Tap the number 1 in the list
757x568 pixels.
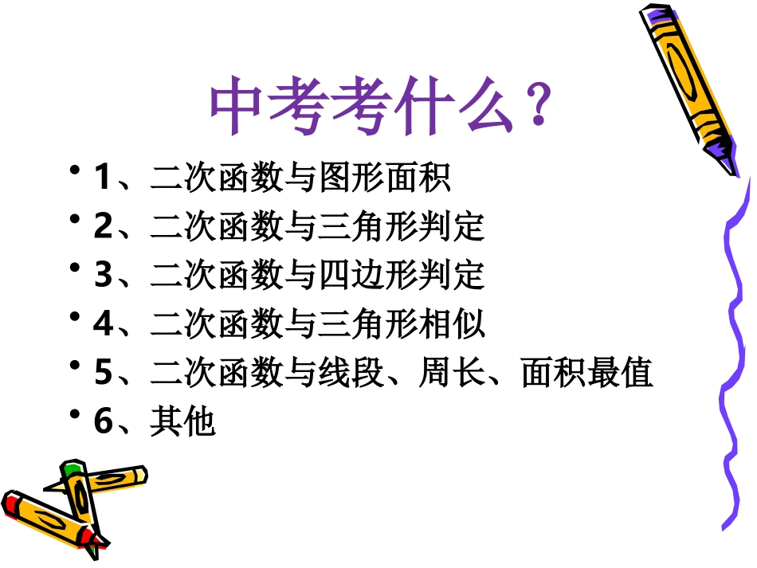(x=102, y=177)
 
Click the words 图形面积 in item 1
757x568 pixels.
(x=384, y=178)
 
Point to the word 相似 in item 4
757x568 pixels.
(x=452, y=324)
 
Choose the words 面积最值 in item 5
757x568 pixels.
(x=587, y=373)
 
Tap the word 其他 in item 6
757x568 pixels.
(x=182, y=421)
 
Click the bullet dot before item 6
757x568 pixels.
(x=76, y=415)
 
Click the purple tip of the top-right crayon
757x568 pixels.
(x=721, y=149)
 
